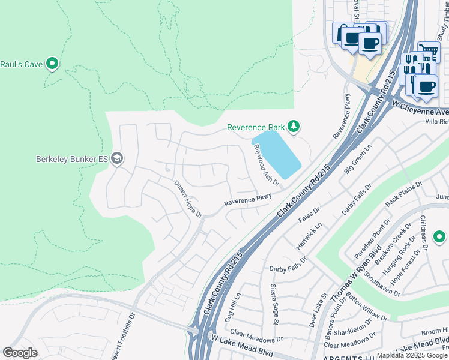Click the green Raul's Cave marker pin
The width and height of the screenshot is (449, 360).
point(52,63)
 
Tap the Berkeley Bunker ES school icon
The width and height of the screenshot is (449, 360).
point(117,159)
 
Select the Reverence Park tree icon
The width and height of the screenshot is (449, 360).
point(293,127)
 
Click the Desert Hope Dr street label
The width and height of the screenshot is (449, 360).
point(188,199)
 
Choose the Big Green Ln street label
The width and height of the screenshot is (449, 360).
point(358,159)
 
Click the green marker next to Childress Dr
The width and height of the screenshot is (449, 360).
point(439,237)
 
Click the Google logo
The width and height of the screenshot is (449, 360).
point(20,353)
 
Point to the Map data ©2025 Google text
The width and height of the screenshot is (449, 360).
point(411,355)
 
